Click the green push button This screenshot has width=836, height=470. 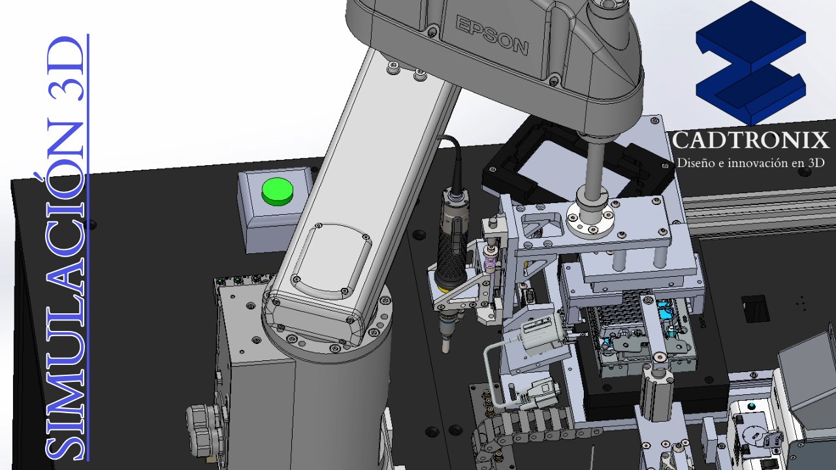click(x=278, y=191)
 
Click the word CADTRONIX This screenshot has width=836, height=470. click(x=751, y=140)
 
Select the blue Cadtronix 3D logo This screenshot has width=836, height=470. click(x=751, y=63)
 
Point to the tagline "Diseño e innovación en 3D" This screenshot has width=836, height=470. click(x=750, y=163)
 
